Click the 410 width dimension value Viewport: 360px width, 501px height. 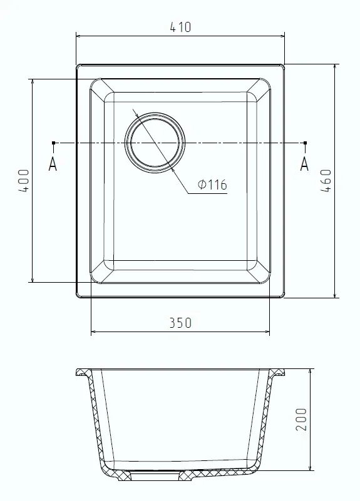[181, 27]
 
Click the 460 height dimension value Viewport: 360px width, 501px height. [326, 181]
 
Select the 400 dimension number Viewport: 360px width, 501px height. [24, 181]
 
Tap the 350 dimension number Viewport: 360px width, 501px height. [181, 323]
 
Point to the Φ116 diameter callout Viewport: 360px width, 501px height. [212, 185]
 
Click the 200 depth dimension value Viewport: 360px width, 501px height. [301, 419]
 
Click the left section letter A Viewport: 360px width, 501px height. [53, 164]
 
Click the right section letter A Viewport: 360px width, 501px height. [305, 164]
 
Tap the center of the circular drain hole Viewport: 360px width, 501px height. [155, 143]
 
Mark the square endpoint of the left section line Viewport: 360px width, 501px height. [53, 143]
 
